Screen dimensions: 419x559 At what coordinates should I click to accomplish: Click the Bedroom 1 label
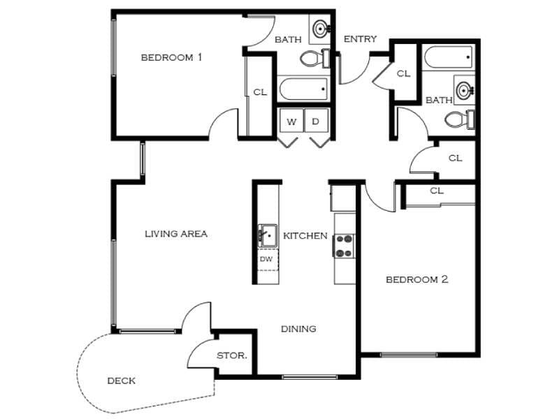(171, 57)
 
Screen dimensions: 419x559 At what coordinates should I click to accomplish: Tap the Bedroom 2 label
(416, 280)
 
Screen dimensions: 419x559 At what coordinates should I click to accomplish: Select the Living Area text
(175, 234)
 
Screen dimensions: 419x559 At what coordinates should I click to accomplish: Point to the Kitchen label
(305, 236)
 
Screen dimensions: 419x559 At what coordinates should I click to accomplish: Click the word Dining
(298, 329)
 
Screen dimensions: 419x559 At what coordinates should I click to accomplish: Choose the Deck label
(121, 381)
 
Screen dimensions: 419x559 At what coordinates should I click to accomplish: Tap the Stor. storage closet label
(231, 355)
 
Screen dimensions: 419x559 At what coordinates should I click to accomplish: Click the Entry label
(360, 39)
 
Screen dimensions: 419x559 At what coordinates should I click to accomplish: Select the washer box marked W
(291, 122)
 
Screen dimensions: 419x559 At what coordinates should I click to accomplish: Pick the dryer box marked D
(316, 122)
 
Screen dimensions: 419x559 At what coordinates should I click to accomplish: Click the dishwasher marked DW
(266, 259)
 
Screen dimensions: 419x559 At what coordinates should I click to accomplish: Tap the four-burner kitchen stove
(344, 246)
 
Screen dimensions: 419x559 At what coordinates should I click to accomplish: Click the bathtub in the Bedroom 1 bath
(303, 89)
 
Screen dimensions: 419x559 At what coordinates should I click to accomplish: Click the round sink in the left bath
(321, 29)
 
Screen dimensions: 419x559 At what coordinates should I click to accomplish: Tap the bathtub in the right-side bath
(448, 57)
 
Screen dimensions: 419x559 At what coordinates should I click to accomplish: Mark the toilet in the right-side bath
(459, 119)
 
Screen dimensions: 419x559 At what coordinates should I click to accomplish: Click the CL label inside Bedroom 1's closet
(259, 91)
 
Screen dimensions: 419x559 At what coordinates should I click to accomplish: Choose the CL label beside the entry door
(403, 73)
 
